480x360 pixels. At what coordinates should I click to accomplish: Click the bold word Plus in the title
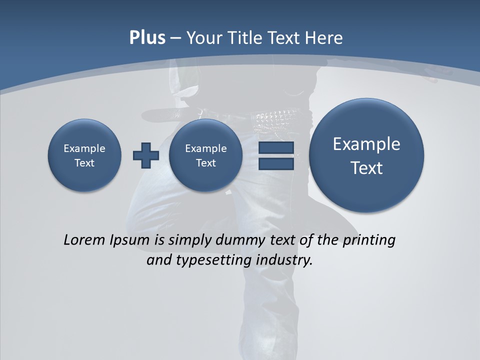pyautogui.click(x=147, y=38)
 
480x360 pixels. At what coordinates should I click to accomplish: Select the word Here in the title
pyautogui.click(x=324, y=38)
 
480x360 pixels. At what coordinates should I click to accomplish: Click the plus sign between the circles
pyautogui.click(x=146, y=155)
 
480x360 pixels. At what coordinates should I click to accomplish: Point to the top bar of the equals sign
pyautogui.click(x=276, y=147)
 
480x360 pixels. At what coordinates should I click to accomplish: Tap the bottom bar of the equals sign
pyautogui.click(x=276, y=163)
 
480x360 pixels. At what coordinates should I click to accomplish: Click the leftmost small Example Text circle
pyautogui.click(x=84, y=155)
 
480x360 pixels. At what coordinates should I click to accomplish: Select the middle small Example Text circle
pyautogui.click(x=205, y=155)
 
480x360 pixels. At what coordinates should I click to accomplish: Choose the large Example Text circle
pyautogui.click(x=366, y=155)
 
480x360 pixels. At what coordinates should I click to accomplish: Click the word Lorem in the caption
pyautogui.click(x=84, y=240)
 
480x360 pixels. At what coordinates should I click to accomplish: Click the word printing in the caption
pyautogui.click(x=369, y=240)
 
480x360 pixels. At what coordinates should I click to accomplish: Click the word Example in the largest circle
pyautogui.click(x=366, y=144)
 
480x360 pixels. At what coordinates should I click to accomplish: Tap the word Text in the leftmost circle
pyautogui.click(x=84, y=163)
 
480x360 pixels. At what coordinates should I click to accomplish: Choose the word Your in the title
pyautogui.click(x=201, y=38)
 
